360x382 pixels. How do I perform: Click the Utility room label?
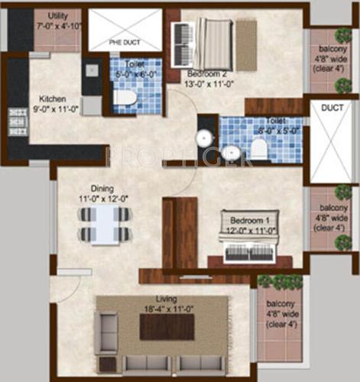[57, 16]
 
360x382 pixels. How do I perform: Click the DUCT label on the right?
[332, 109]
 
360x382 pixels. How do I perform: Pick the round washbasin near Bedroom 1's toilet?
[204, 138]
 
